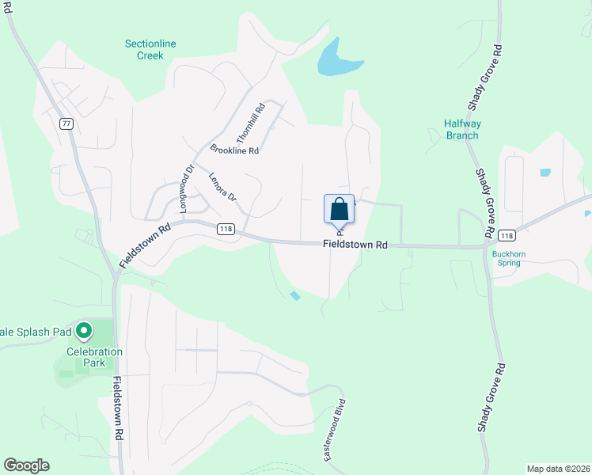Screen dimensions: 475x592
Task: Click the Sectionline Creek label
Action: (x=144, y=50)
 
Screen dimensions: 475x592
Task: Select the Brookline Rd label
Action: (x=234, y=150)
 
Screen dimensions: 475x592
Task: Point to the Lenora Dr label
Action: (x=222, y=186)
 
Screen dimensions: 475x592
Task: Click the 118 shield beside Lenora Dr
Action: (x=226, y=228)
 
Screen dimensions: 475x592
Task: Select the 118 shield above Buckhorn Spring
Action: (x=507, y=235)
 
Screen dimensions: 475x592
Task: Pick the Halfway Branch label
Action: (x=461, y=129)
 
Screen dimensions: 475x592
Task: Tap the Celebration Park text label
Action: (x=94, y=357)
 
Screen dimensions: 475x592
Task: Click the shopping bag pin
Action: (x=339, y=211)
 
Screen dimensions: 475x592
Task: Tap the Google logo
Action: (x=26, y=465)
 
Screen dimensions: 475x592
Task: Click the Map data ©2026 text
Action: (x=558, y=468)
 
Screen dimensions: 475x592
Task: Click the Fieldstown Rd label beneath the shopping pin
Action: (x=355, y=245)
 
